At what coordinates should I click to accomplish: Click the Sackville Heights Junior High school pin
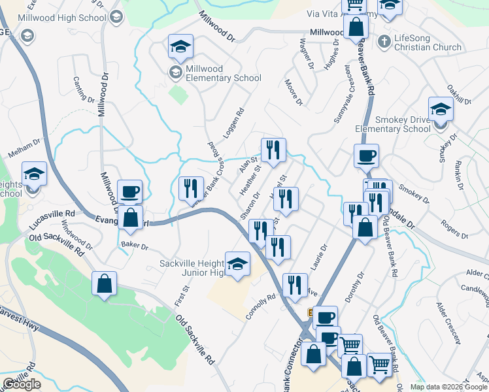tap(237, 264)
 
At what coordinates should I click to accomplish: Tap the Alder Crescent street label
tap(450, 320)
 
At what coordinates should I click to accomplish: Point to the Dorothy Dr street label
tap(356, 288)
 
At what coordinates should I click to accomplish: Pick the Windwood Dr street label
tap(76, 234)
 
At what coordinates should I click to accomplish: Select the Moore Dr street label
tap(294, 92)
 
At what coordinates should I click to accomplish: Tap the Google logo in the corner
tap(22, 384)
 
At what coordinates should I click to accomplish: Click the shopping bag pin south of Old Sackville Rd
tap(104, 284)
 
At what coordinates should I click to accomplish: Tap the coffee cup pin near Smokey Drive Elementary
tap(366, 155)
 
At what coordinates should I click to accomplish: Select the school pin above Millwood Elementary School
tap(180, 46)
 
